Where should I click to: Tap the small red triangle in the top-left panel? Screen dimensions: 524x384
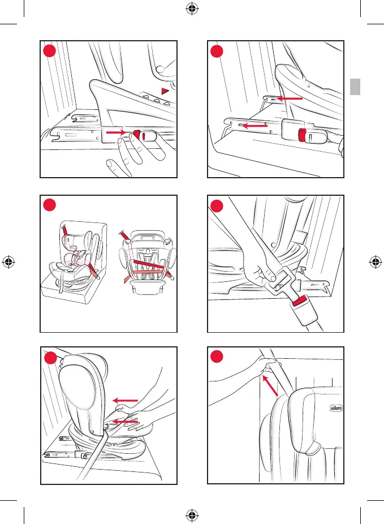tap(165, 91)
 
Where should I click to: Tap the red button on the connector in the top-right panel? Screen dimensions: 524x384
tap(303, 135)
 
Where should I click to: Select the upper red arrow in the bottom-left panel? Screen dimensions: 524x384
tap(125, 401)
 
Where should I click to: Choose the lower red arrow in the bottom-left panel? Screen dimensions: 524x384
tap(125, 422)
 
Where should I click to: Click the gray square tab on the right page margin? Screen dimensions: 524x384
tap(355, 87)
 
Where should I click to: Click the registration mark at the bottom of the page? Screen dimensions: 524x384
tap(192, 515)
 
